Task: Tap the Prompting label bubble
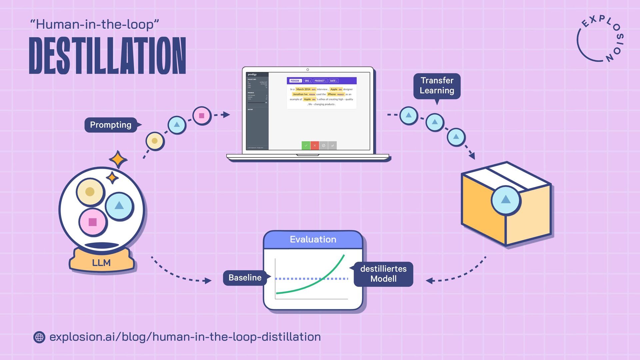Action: (x=111, y=125)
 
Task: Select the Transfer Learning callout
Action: (x=437, y=86)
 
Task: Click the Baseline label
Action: (x=245, y=278)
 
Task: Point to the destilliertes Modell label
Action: (x=383, y=274)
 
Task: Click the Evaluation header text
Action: (x=313, y=239)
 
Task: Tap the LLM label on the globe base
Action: (x=101, y=263)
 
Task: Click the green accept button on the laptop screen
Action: (x=306, y=146)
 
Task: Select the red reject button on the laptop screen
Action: (x=315, y=146)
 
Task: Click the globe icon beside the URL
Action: (x=39, y=337)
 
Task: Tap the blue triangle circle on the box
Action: (x=506, y=200)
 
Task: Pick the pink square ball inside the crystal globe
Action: (x=93, y=222)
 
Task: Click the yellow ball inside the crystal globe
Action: (x=90, y=192)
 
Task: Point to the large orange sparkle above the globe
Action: (x=118, y=160)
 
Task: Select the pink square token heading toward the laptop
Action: (x=202, y=116)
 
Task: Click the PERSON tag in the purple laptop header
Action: (x=295, y=81)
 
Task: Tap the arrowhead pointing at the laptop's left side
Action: (x=226, y=115)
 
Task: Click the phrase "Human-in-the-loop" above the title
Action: (x=94, y=24)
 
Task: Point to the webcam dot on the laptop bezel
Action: (x=308, y=70)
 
